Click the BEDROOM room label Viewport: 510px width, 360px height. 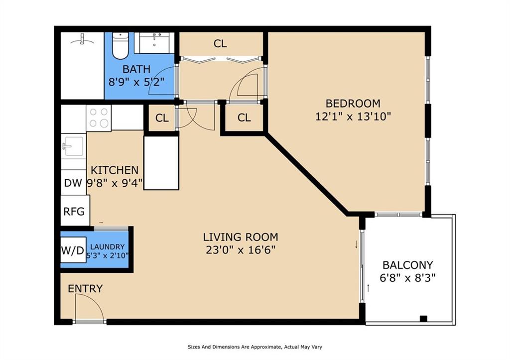click(x=353, y=104)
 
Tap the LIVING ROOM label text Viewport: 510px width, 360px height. click(x=241, y=237)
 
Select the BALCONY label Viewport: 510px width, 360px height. click(x=407, y=265)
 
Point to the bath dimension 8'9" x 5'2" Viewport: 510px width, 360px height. click(x=136, y=82)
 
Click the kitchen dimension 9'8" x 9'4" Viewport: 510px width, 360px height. click(x=115, y=183)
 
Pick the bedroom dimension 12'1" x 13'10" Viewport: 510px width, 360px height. click(x=353, y=116)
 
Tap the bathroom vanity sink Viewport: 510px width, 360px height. click(x=154, y=43)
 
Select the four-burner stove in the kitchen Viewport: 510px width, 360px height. click(x=99, y=118)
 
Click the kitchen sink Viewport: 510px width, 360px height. click(x=74, y=146)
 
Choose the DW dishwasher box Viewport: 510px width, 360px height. click(x=73, y=182)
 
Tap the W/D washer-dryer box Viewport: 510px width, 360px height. click(x=73, y=250)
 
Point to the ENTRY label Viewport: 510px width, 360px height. click(x=85, y=288)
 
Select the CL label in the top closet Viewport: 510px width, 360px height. click(x=220, y=44)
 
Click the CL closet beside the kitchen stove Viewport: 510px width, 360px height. click(x=162, y=118)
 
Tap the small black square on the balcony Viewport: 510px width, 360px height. click(x=423, y=319)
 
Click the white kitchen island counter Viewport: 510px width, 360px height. click(x=161, y=163)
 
